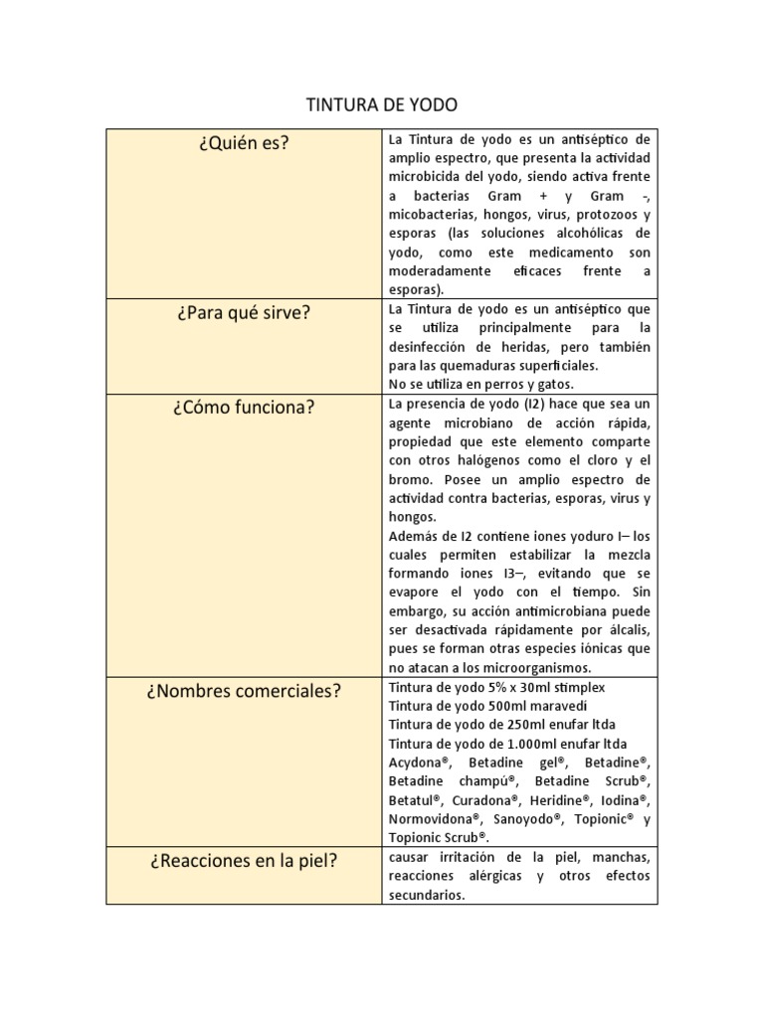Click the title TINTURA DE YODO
tap(381, 105)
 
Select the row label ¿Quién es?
tap(243, 143)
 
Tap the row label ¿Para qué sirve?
tap(243, 312)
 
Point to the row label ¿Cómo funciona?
tap(243, 407)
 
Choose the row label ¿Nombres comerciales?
tap(243, 690)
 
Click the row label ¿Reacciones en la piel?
tap(243, 860)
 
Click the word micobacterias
tap(433, 215)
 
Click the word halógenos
tap(496, 459)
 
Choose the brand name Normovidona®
tap(432, 819)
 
